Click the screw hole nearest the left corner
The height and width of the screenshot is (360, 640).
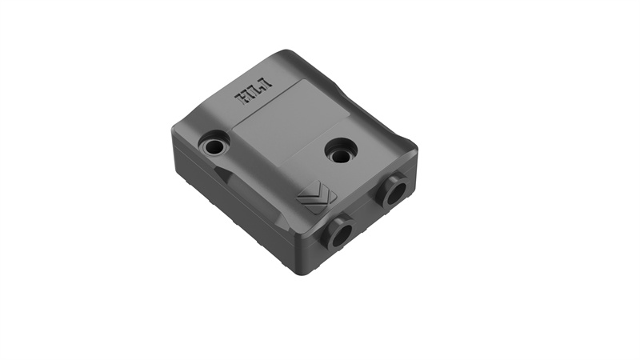pos(214,146)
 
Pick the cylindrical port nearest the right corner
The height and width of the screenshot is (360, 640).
pos(394,190)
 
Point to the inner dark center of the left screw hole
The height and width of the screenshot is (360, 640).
pos(214,147)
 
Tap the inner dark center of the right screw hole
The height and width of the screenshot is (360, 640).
pos(341,153)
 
